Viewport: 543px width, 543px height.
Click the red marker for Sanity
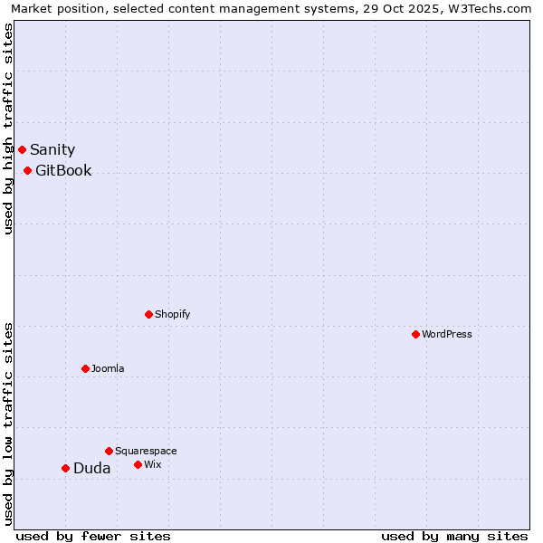(x=22, y=149)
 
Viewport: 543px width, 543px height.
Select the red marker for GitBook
(x=27, y=170)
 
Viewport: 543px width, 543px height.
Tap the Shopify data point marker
(x=148, y=314)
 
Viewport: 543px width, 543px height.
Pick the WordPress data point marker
(x=415, y=334)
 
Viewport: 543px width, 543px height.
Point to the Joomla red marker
(x=85, y=368)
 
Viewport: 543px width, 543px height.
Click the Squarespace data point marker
(x=109, y=451)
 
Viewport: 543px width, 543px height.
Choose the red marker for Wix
(x=138, y=464)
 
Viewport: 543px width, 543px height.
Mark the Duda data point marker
(x=65, y=468)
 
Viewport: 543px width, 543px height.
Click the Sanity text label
(x=52, y=150)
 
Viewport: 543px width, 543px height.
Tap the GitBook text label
(x=63, y=171)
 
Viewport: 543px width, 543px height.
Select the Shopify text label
(x=172, y=315)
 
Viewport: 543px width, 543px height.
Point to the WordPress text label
(x=447, y=335)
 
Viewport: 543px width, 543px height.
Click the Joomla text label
(x=108, y=369)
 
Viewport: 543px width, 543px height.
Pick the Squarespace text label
(x=146, y=452)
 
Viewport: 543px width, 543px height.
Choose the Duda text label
(x=92, y=469)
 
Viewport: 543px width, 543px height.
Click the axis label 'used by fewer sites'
(x=93, y=537)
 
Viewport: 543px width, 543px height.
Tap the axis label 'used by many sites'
(x=454, y=537)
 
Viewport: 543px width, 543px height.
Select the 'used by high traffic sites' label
(x=8, y=129)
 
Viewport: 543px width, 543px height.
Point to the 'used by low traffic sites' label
(x=8, y=424)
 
